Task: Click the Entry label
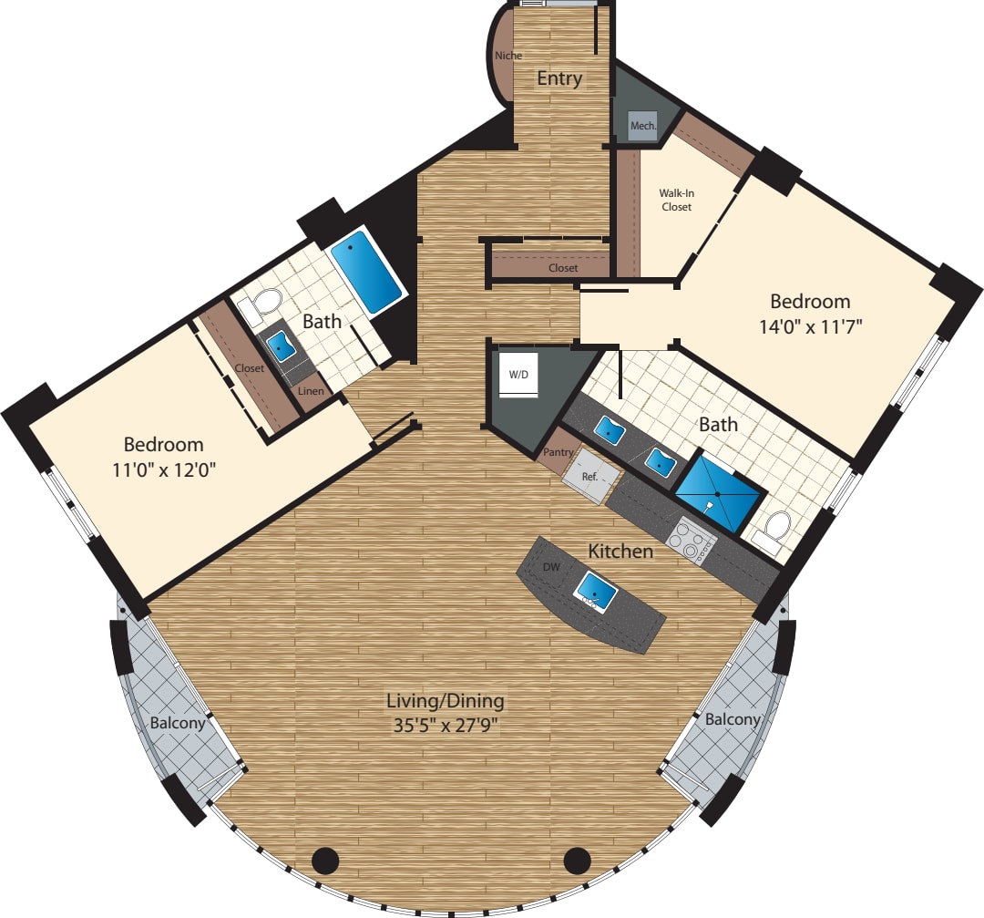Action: (559, 79)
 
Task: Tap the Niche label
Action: (508, 56)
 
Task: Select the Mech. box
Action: (643, 126)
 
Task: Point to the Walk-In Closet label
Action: (676, 200)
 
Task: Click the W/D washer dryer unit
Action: (518, 375)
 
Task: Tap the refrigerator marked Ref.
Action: (589, 476)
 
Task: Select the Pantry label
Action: (558, 452)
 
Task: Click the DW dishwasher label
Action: (551, 567)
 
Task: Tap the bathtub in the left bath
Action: (366, 273)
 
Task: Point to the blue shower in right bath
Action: (719, 494)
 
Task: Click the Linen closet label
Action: (311, 391)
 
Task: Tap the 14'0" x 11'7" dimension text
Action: (811, 326)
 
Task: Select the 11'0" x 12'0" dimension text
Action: (164, 469)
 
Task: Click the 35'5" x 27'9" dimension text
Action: (446, 726)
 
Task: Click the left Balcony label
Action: (178, 723)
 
